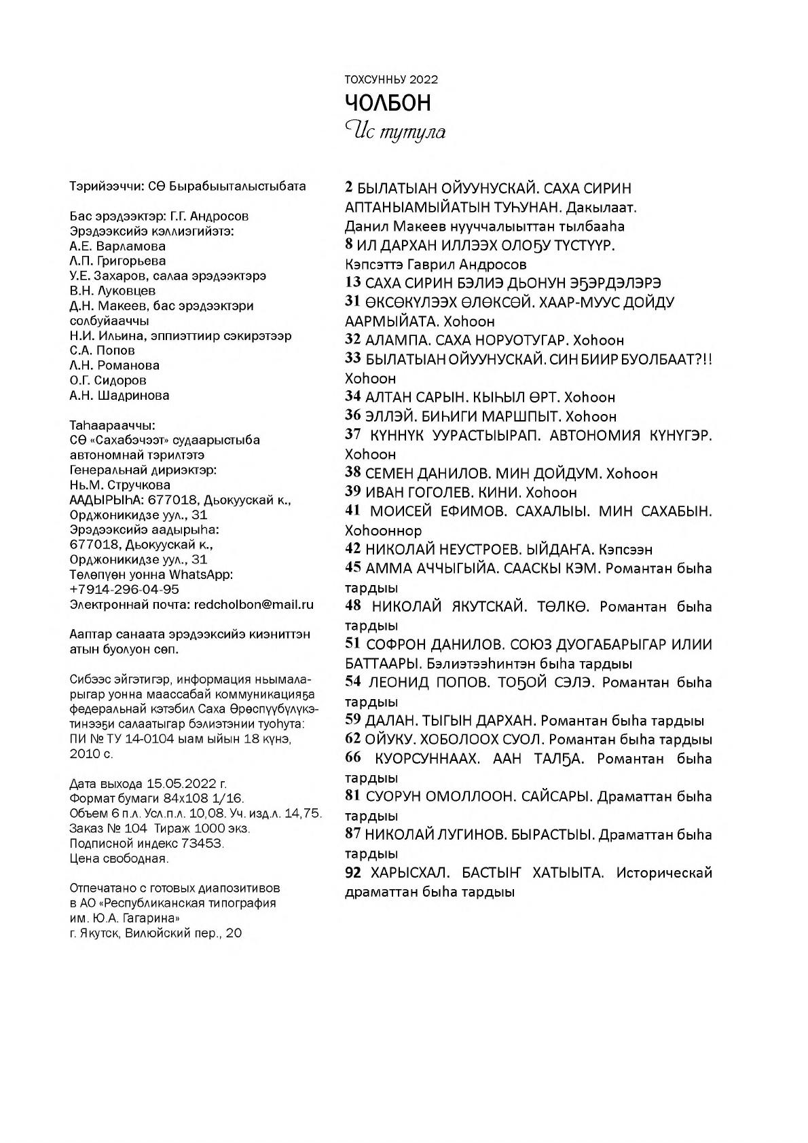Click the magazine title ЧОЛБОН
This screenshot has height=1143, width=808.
[388, 103]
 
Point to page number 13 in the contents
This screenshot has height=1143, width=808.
[352, 283]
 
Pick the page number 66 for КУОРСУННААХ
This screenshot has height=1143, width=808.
[353, 758]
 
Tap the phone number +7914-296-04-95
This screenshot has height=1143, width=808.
[125, 589]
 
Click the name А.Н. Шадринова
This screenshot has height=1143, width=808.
[120, 395]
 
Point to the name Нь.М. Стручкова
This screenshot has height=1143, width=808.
[120, 485]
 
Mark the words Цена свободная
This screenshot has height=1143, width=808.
[119, 858]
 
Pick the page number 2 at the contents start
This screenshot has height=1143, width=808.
[350, 188]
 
